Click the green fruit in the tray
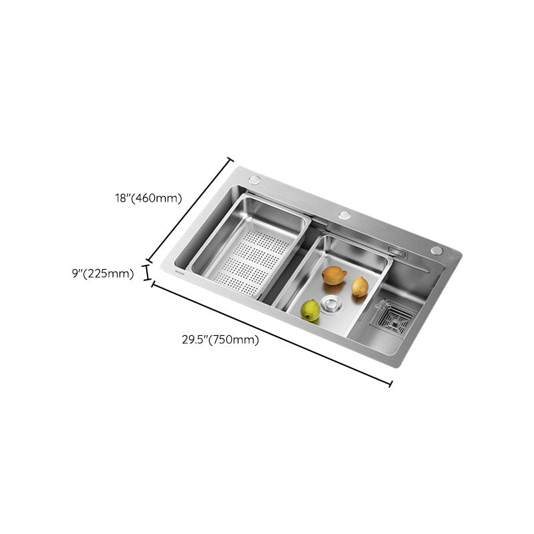point(310,310)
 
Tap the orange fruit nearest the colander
point(334,275)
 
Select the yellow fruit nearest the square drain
point(360,286)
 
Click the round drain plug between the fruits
point(331,305)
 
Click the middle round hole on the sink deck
point(344,216)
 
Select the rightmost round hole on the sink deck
point(437,250)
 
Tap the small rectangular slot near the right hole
point(398,252)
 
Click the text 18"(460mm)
point(148,198)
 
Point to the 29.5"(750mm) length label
point(220,339)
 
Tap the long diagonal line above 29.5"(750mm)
point(272,334)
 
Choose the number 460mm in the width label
point(158,198)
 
